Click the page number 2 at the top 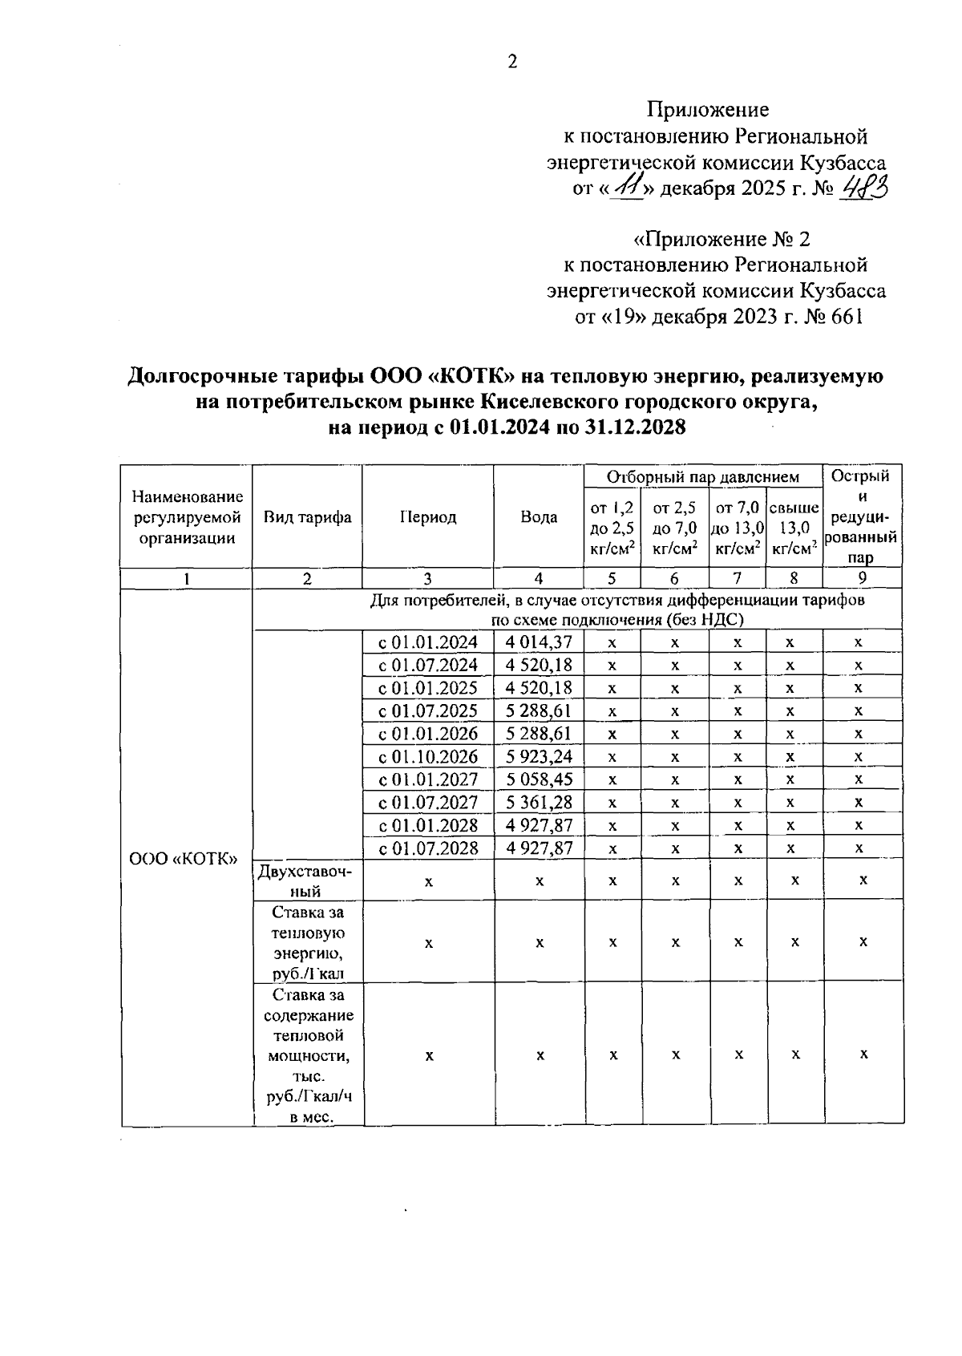point(512,62)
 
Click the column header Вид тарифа point(307,517)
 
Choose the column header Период point(428,517)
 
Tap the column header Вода point(539,517)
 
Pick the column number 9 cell point(862,578)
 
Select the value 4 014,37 point(539,642)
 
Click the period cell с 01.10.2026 point(428,757)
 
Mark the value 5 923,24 point(539,757)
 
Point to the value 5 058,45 point(539,779)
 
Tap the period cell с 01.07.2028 point(428,848)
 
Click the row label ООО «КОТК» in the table point(184,859)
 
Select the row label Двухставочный point(306,880)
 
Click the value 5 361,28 point(539,802)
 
